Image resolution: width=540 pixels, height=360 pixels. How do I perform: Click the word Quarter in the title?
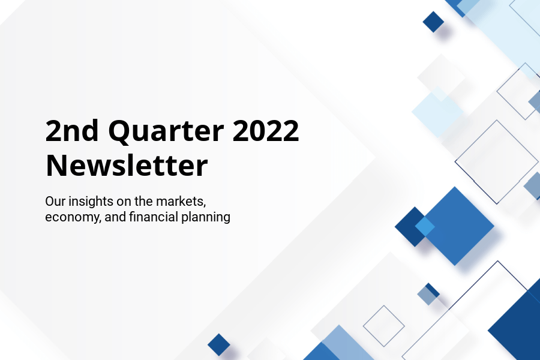point(166,131)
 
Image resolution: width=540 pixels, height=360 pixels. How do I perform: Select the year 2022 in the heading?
point(266,131)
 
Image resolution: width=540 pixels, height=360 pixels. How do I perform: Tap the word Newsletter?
point(127,166)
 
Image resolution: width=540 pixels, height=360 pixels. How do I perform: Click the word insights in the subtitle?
point(91,201)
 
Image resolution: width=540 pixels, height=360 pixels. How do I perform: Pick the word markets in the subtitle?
point(181,201)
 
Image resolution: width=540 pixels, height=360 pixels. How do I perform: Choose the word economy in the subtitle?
point(73,218)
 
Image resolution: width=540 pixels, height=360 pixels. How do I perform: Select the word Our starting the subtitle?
point(55,202)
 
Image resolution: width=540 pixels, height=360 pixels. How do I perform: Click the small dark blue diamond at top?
point(433,22)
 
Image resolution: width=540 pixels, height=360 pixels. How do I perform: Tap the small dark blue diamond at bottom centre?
point(218,344)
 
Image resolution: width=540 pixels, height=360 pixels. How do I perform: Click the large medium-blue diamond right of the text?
point(455,226)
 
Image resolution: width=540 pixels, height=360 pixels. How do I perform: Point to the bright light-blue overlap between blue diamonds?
point(425,226)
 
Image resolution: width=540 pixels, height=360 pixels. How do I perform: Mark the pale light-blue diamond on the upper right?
point(438,112)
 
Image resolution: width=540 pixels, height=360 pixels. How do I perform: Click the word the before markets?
point(143,201)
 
